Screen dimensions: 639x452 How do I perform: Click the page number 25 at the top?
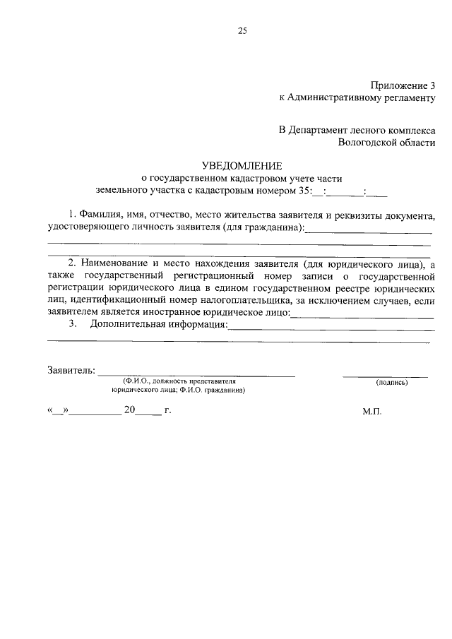tap(243, 31)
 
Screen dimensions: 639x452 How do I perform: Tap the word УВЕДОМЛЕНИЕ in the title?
tap(242, 166)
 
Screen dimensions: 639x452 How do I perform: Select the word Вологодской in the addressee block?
tap(364, 142)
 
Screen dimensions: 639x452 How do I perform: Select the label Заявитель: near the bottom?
tap(71, 370)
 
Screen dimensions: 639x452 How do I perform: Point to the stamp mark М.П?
tap(372, 410)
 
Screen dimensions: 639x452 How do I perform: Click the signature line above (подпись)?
tap(386, 375)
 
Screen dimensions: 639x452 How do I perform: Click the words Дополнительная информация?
tap(159, 324)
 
